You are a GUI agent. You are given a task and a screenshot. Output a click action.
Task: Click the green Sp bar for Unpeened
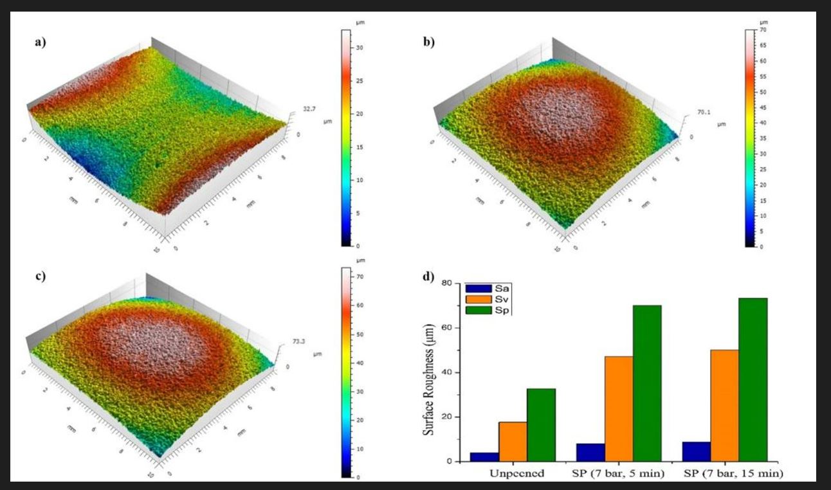click(x=541, y=425)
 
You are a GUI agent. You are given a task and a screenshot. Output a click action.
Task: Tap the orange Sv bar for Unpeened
click(x=513, y=442)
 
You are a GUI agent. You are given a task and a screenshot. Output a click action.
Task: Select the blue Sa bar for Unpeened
click(x=484, y=457)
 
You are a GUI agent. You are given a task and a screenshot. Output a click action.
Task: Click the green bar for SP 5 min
click(x=647, y=383)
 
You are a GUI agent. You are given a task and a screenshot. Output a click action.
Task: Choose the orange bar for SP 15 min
click(x=724, y=406)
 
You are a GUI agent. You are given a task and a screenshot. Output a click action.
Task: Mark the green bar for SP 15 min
click(x=753, y=380)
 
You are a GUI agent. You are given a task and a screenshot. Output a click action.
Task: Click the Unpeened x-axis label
click(x=516, y=474)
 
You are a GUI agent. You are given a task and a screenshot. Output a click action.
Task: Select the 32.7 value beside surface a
click(x=309, y=110)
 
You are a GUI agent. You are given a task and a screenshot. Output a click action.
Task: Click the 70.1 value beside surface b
click(x=704, y=113)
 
